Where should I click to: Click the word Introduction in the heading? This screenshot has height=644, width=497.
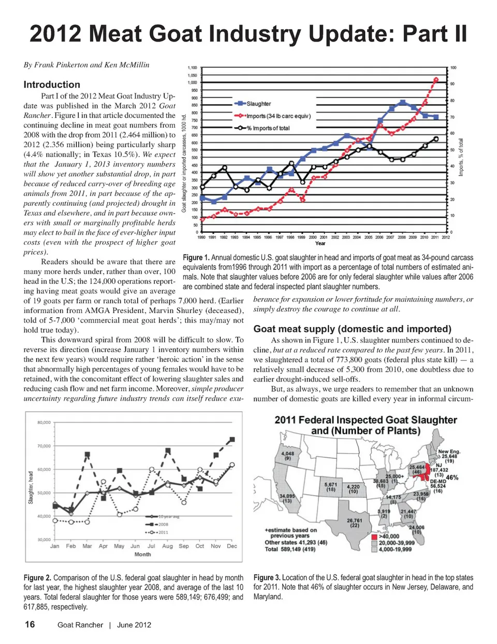pyautogui.click(x=52, y=85)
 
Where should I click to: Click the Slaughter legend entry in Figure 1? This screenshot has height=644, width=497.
pyautogui.click(x=258, y=104)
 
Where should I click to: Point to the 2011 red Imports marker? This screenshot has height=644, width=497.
pyautogui.click(x=436, y=79)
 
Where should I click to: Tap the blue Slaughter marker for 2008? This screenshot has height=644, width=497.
pyautogui.click(x=403, y=102)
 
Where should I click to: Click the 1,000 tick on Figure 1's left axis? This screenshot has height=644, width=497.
pyautogui.click(x=192, y=82)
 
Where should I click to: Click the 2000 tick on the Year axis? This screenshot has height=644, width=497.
pyautogui.click(x=313, y=237)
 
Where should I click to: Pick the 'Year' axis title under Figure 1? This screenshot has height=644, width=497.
pyautogui.click(x=320, y=243)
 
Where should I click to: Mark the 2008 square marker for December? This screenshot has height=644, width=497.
pyautogui.click(x=232, y=439)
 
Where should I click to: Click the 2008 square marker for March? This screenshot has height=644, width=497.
pyautogui.click(x=87, y=454)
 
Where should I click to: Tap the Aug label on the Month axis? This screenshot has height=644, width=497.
pyautogui.click(x=167, y=546)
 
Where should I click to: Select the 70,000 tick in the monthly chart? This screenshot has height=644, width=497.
pyautogui.click(x=43, y=446)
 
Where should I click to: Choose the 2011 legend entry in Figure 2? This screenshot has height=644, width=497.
pyautogui.click(x=162, y=532)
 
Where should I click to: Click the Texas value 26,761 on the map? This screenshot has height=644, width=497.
pyautogui.click(x=354, y=520)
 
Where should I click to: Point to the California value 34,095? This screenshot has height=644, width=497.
pyautogui.click(x=287, y=496)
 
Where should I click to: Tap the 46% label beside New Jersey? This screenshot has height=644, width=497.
pyautogui.click(x=451, y=477)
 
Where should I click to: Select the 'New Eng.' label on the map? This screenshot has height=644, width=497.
pyautogui.click(x=449, y=452)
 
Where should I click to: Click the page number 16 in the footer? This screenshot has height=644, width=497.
pyautogui.click(x=30, y=624)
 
